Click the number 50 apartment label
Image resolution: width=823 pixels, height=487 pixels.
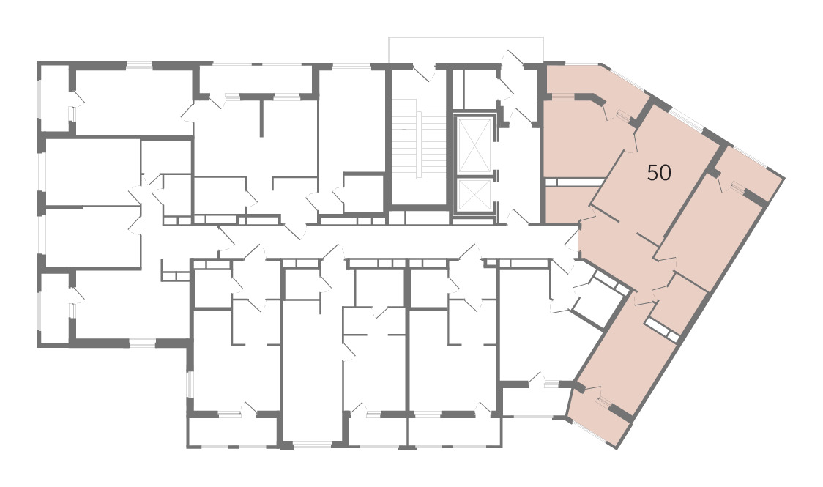coord(659,172)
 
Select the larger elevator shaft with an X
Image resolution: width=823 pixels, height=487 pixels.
coord(474,145)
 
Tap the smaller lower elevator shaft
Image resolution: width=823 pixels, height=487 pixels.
coord(474,195)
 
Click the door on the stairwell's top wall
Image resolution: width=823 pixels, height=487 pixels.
coord(424,73)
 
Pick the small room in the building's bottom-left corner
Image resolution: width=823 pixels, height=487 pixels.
coord(55,308)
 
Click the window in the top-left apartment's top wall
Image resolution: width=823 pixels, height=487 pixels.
coord(139,65)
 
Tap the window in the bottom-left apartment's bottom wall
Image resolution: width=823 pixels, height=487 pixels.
coord(143,343)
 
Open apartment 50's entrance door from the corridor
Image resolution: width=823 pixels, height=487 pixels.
coord(572,239)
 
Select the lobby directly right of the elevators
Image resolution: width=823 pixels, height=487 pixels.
coord(517,173)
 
